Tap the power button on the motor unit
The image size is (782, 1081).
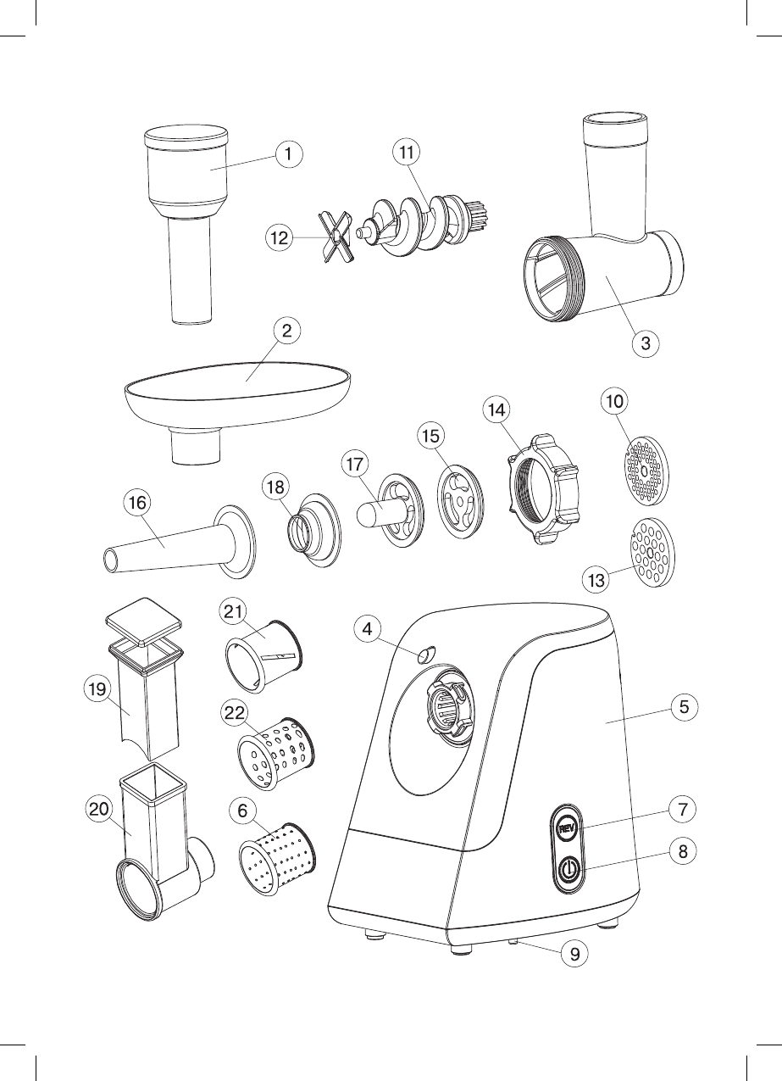[568, 869]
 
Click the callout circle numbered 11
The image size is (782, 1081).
[408, 153]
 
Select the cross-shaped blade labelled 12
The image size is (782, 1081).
[336, 238]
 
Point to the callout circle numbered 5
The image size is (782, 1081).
[684, 706]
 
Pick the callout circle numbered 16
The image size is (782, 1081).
[137, 503]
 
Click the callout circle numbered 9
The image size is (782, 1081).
[575, 953]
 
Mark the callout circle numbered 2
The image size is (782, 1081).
[287, 332]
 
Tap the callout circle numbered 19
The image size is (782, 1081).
[97, 689]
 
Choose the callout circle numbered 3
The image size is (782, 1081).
[646, 344]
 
